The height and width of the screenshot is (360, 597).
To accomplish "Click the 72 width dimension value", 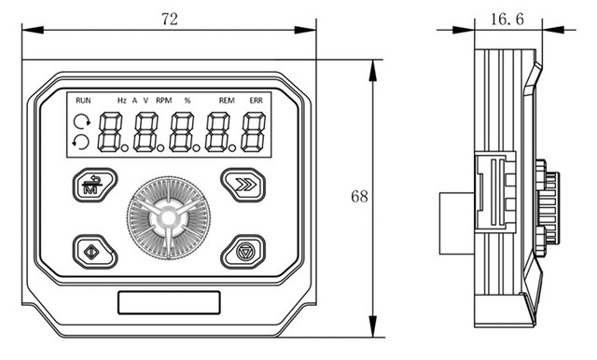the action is coord(170,19).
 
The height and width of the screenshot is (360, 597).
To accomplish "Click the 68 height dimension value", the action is coord(359,197).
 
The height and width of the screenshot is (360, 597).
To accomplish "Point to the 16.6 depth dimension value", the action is coord(507,19).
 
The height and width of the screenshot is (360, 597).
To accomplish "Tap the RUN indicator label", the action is coord(83,101).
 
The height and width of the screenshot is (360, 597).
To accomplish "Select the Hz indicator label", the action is coord(122,101).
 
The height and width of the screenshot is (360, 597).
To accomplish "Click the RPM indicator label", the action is coord(164,101).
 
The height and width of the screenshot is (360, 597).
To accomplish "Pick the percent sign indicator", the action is coord(187,101).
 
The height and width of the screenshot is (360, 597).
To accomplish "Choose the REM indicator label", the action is coord(227,101).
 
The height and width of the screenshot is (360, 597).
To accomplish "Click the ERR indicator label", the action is coord(257,101).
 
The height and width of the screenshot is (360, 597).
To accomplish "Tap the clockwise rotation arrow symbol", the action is coord(82,122).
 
